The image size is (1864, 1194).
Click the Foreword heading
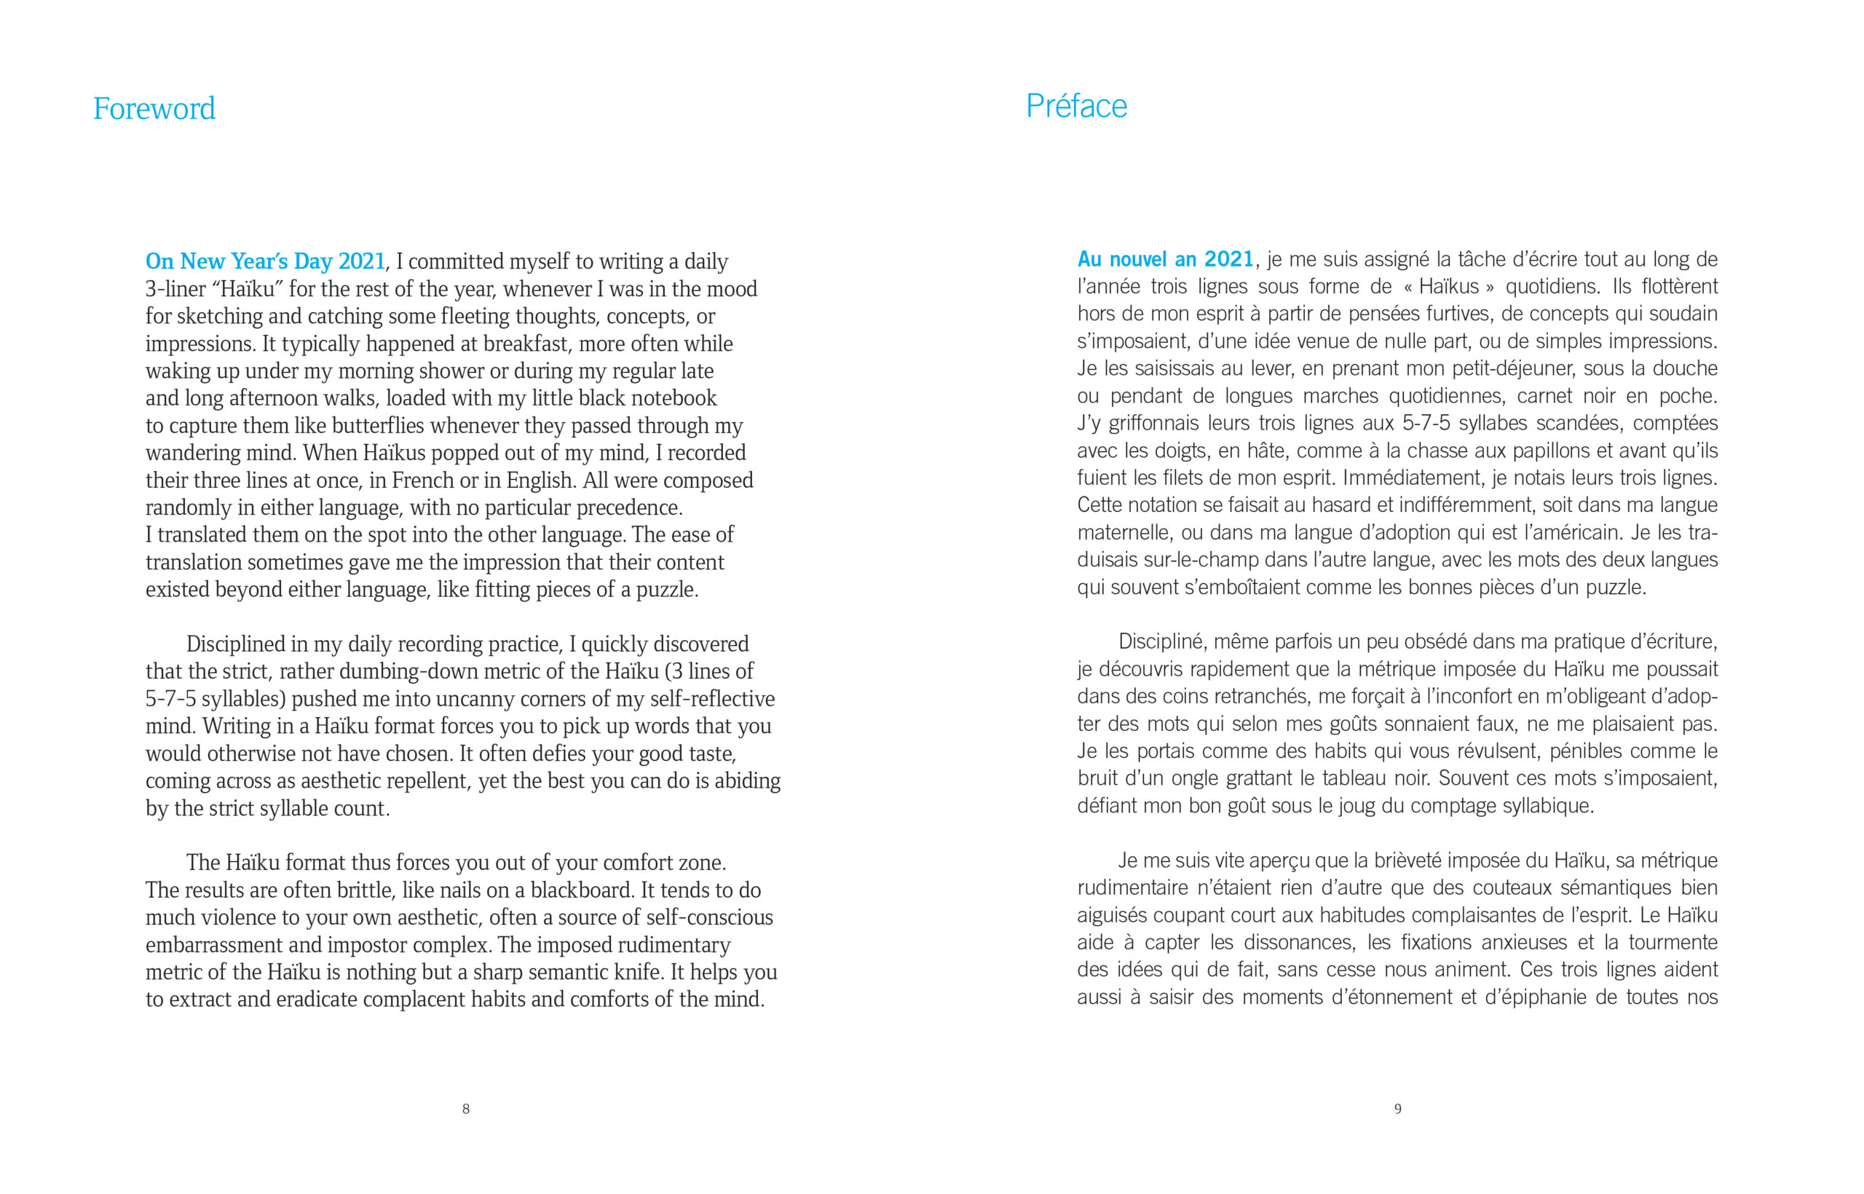154,108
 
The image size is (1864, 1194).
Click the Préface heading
1075,106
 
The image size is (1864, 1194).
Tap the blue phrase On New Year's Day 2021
265,261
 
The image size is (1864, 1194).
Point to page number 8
466,1109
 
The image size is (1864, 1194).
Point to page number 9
1397,1109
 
